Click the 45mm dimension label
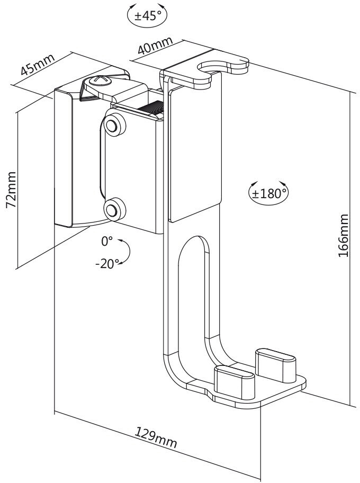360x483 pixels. [37, 64]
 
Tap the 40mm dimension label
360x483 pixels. [155, 46]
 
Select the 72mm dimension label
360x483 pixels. [12, 190]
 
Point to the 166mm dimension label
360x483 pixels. [344, 235]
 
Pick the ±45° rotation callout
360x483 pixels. [147, 15]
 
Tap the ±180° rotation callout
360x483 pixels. [268, 193]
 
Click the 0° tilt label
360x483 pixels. [107, 241]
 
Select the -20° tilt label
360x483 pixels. [107, 264]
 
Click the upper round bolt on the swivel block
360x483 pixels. [115, 124]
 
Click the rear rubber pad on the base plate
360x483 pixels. [276, 365]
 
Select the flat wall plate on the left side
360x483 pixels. [63, 158]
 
